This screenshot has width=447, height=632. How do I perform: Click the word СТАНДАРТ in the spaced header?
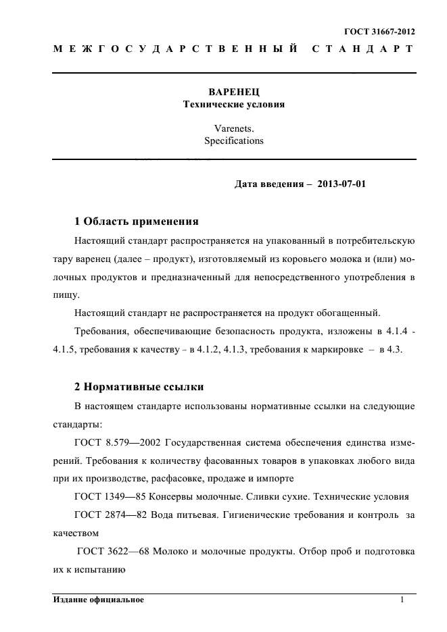359,49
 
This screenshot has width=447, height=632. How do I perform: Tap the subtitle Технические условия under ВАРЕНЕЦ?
234,105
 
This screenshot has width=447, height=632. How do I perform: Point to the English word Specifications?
234,141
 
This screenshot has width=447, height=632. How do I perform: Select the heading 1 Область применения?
136,221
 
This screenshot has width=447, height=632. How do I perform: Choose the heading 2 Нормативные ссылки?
139,387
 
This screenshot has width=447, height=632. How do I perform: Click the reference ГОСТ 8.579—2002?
120,442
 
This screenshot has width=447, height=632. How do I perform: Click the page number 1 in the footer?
402,600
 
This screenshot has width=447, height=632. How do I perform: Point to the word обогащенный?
347,313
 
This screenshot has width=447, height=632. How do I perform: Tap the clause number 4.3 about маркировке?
395,350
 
